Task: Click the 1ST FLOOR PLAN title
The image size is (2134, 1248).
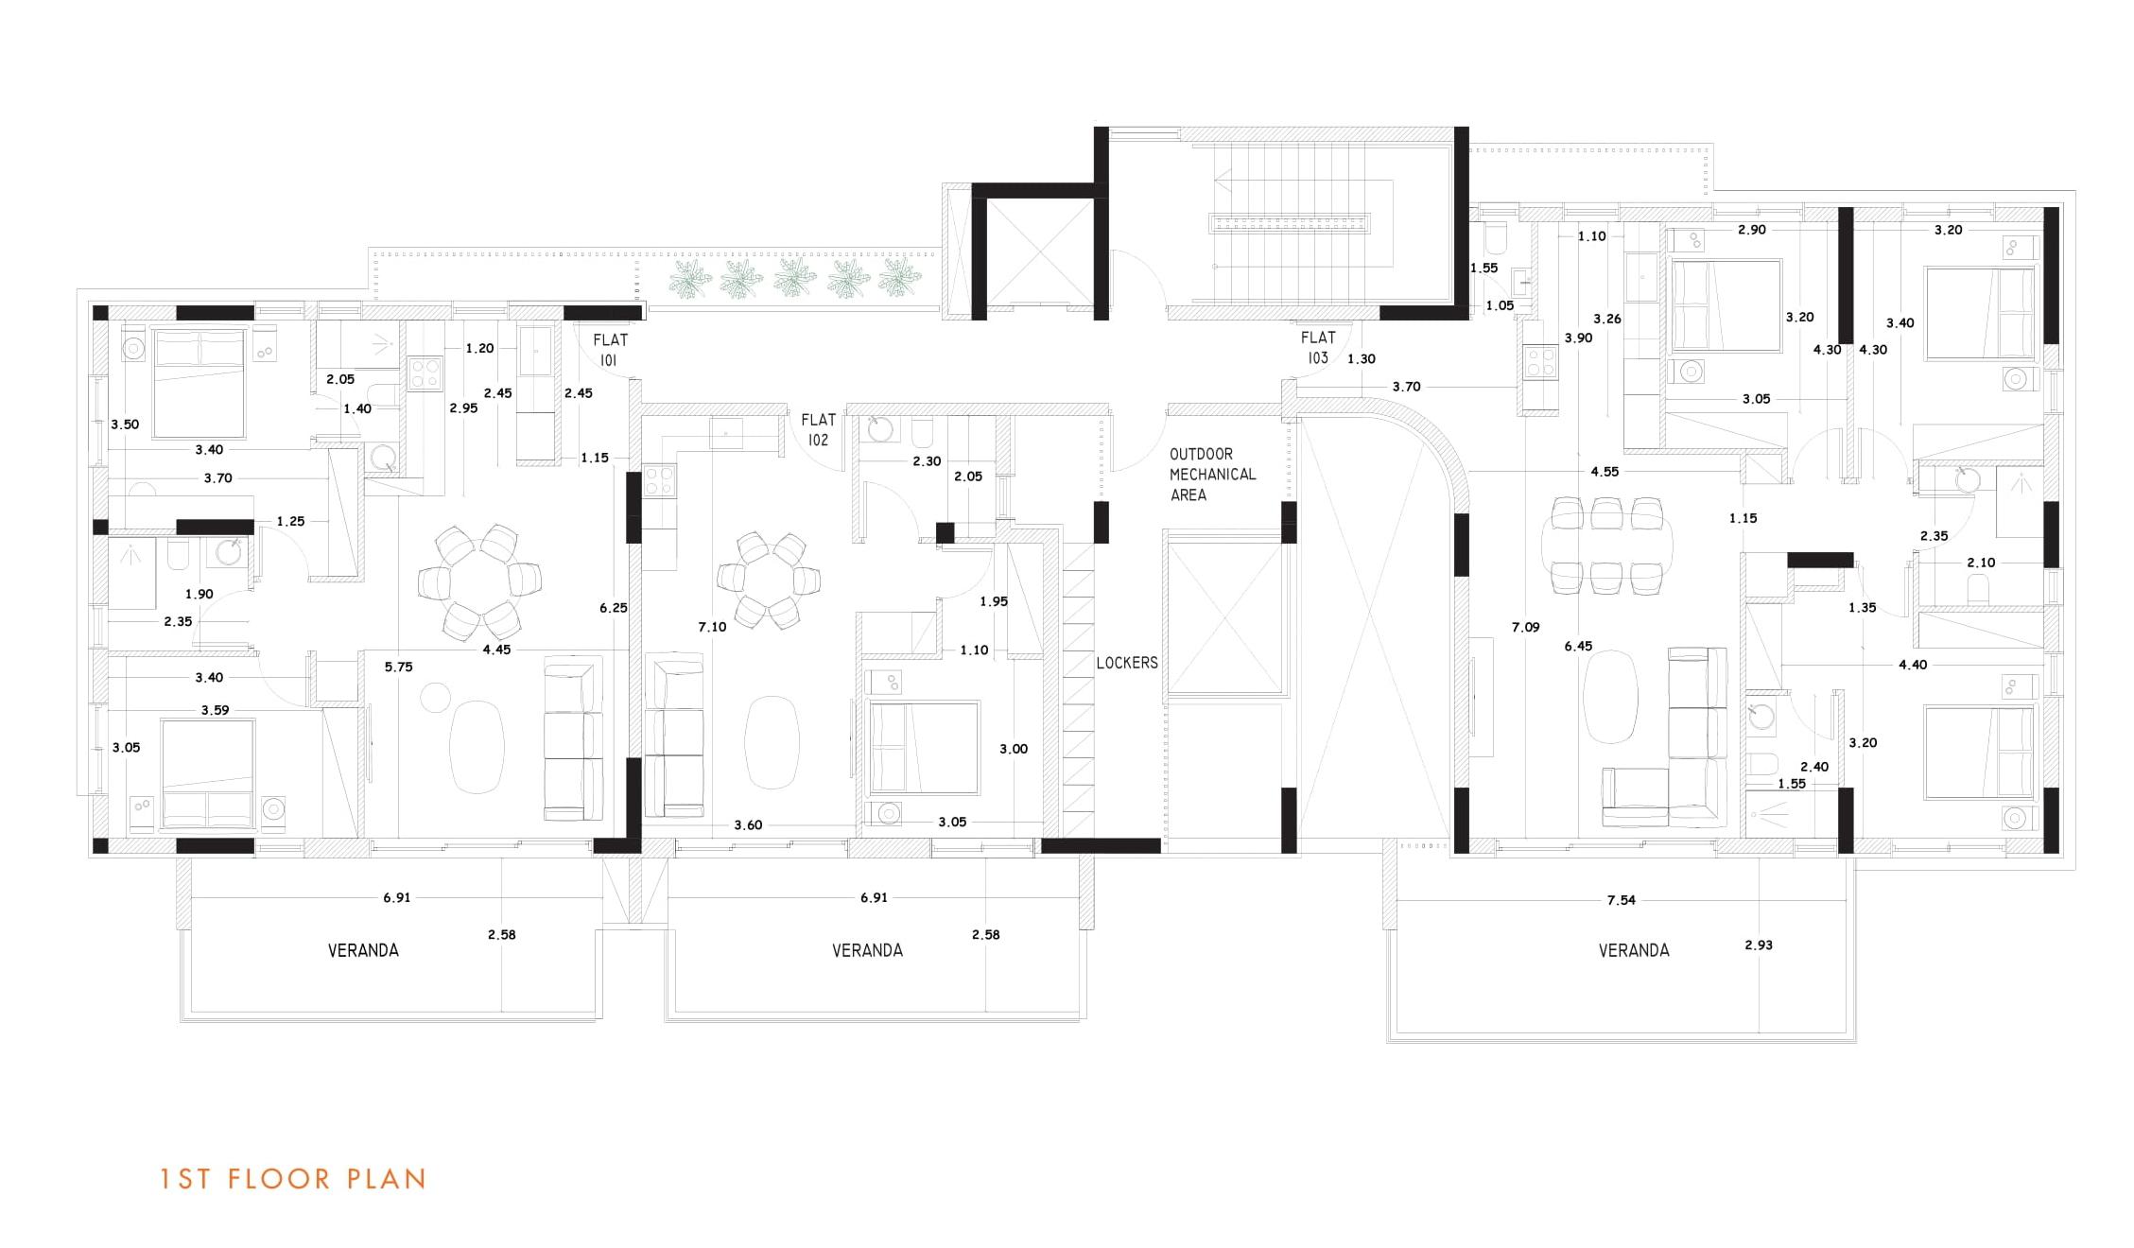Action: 293,1179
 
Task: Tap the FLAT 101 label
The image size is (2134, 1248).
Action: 610,349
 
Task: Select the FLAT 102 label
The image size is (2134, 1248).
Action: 818,429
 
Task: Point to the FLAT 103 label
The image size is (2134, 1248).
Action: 1318,347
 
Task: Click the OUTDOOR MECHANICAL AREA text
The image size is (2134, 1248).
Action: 1212,475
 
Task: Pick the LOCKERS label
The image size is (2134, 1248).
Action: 1126,663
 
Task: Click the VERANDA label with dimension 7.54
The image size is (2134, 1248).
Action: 1633,950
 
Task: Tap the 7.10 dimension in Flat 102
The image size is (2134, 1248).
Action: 712,627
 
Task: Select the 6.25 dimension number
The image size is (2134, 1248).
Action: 613,608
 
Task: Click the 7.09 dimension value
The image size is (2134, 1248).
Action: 1525,627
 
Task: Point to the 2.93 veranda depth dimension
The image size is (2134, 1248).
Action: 1759,945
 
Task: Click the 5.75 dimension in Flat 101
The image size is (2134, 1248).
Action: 398,667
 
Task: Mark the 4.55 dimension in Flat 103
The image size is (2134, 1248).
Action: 1605,471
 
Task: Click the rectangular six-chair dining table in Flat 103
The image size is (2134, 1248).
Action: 1606,546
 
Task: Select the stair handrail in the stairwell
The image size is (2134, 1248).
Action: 1290,224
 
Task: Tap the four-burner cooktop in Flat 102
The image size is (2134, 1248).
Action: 659,480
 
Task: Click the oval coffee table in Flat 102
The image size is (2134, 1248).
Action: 772,742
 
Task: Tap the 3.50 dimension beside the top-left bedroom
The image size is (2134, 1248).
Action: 125,425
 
